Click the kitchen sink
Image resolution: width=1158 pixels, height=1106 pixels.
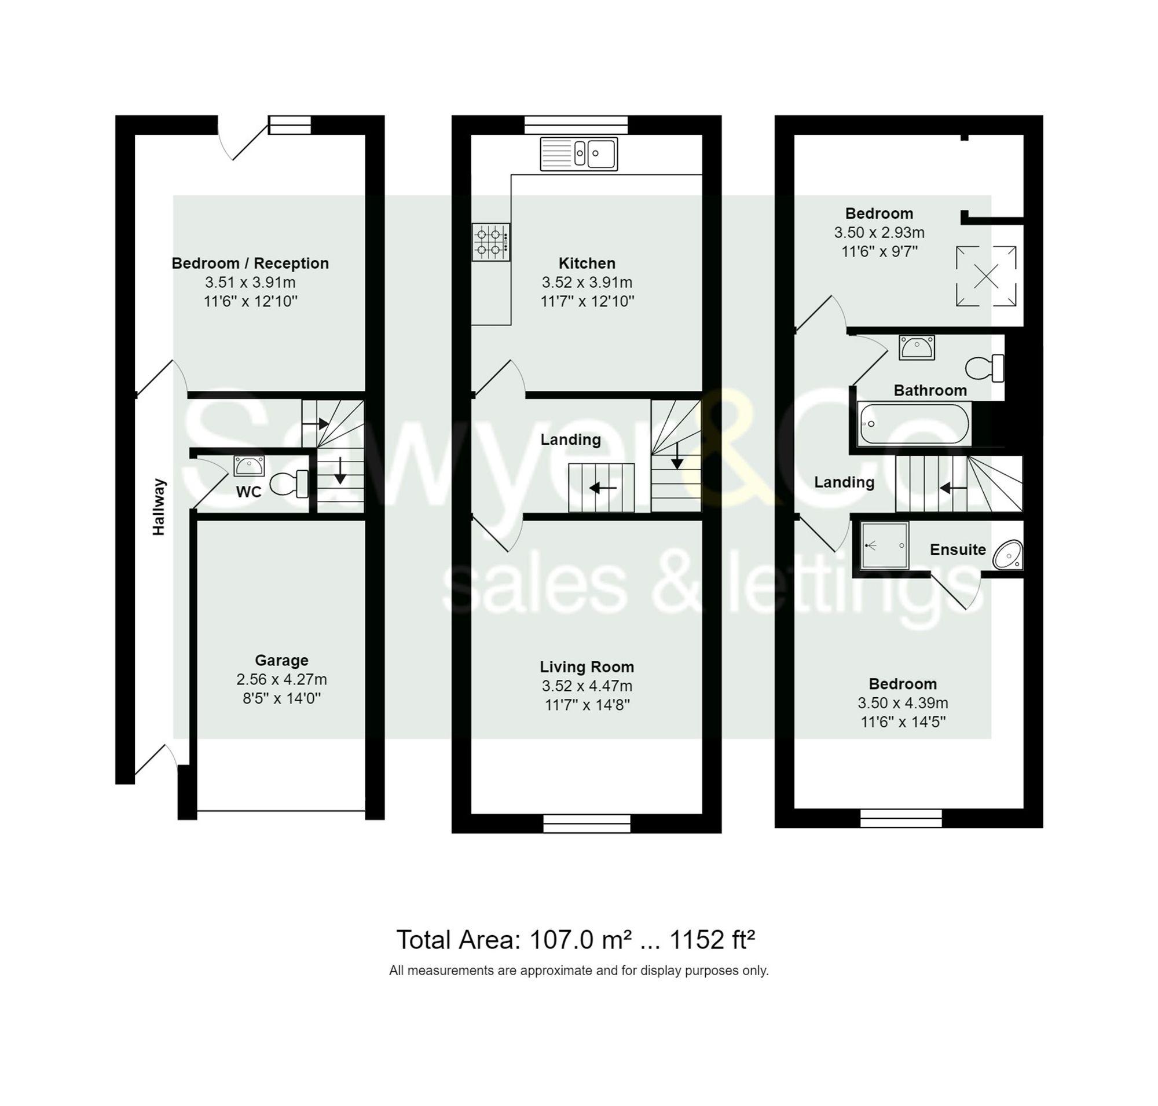coord(578,154)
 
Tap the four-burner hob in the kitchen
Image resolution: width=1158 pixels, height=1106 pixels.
coord(490,241)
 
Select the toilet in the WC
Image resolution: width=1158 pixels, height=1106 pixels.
coord(289,484)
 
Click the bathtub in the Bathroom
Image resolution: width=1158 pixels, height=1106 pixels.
coord(913,423)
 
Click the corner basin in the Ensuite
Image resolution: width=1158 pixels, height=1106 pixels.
coord(1008,555)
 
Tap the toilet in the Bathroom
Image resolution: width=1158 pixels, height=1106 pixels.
coord(984,368)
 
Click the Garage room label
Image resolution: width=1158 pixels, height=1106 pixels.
coord(281,660)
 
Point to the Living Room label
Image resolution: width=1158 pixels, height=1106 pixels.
coord(587,666)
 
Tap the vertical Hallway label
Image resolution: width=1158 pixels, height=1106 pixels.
coord(159,507)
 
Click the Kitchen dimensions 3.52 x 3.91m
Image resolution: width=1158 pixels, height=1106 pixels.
coord(587,282)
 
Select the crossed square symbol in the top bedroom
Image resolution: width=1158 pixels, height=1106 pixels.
coord(986,276)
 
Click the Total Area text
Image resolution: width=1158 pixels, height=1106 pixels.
coord(576,939)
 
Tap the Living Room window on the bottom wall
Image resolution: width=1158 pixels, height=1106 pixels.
coord(586,823)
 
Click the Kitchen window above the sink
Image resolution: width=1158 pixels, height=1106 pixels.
coord(576,125)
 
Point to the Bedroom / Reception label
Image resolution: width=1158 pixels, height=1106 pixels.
coord(250,263)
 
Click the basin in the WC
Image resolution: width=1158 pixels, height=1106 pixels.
coord(249,466)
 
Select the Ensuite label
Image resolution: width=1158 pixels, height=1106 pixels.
coord(958,550)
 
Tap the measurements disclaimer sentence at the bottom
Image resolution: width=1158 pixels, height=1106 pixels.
coord(578,971)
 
